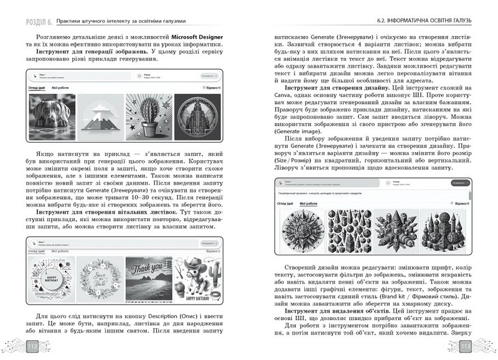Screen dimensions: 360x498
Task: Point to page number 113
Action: (464, 347)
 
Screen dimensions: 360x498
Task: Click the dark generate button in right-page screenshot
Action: (459, 184)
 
